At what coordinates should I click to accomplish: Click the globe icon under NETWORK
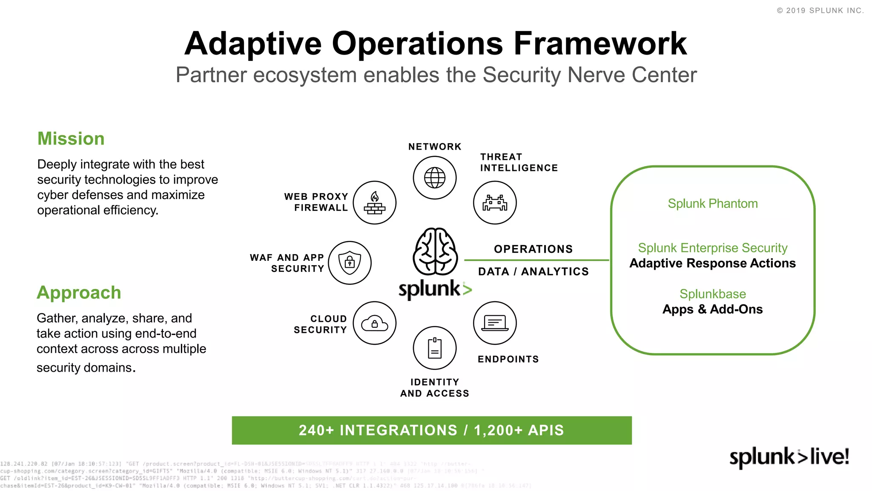[x=435, y=178]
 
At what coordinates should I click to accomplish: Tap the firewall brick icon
[x=375, y=203]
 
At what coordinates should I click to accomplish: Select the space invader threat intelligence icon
[x=495, y=203]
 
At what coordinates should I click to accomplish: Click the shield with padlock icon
[x=350, y=263]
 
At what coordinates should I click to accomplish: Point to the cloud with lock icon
[x=375, y=323]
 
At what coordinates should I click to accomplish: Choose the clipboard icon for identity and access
[x=435, y=348]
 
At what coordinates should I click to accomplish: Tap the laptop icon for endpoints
[x=495, y=323]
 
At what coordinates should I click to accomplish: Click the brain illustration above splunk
[x=435, y=251]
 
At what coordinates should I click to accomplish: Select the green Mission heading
[x=71, y=139]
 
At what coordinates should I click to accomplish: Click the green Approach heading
[x=79, y=293]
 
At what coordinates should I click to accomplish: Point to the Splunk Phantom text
[x=712, y=204]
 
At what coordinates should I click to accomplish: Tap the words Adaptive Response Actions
[x=712, y=263]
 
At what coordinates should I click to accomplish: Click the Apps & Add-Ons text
[x=712, y=309]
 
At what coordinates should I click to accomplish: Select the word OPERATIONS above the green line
[x=533, y=249]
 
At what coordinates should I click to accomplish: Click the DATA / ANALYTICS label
[x=533, y=272]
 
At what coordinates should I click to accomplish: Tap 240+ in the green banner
[x=316, y=430]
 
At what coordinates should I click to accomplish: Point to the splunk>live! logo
[x=789, y=457]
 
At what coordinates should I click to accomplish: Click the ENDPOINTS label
[x=508, y=359]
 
